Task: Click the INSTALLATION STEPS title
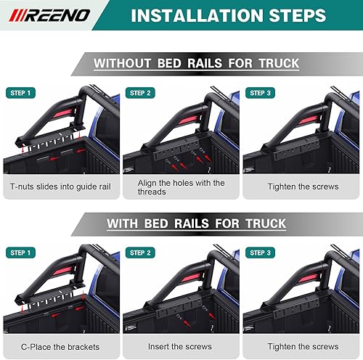pos(227,15)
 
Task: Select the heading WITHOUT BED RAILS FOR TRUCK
pos(196,63)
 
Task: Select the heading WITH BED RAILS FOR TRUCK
pos(196,223)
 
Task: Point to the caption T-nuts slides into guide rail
pos(60,187)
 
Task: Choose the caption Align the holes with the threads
pos(181,187)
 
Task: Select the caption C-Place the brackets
pos(60,346)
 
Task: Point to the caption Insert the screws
pos(181,346)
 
